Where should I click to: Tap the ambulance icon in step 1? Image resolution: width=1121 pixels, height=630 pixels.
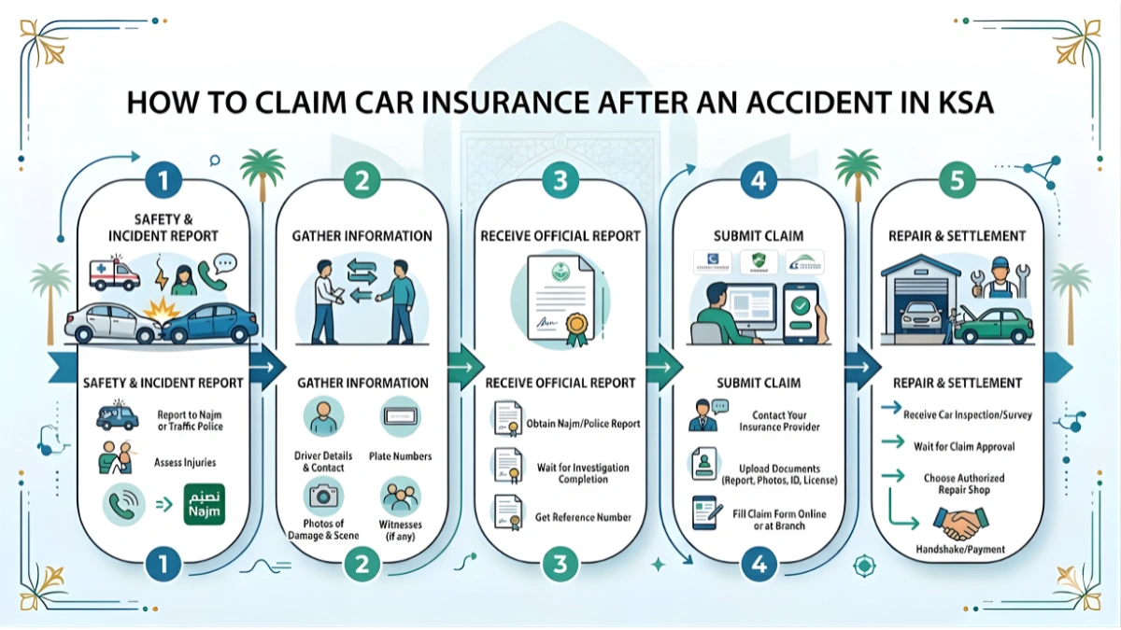pos(113,274)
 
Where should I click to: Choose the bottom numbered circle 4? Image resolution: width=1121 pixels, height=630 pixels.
pos(759,563)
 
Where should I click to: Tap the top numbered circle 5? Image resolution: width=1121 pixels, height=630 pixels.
pos(957,181)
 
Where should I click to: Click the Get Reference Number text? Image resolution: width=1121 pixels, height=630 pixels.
pos(583,517)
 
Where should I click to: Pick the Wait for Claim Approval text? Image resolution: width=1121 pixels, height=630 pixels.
pos(964,446)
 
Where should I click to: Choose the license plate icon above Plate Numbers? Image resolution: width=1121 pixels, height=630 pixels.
pos(401,416)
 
